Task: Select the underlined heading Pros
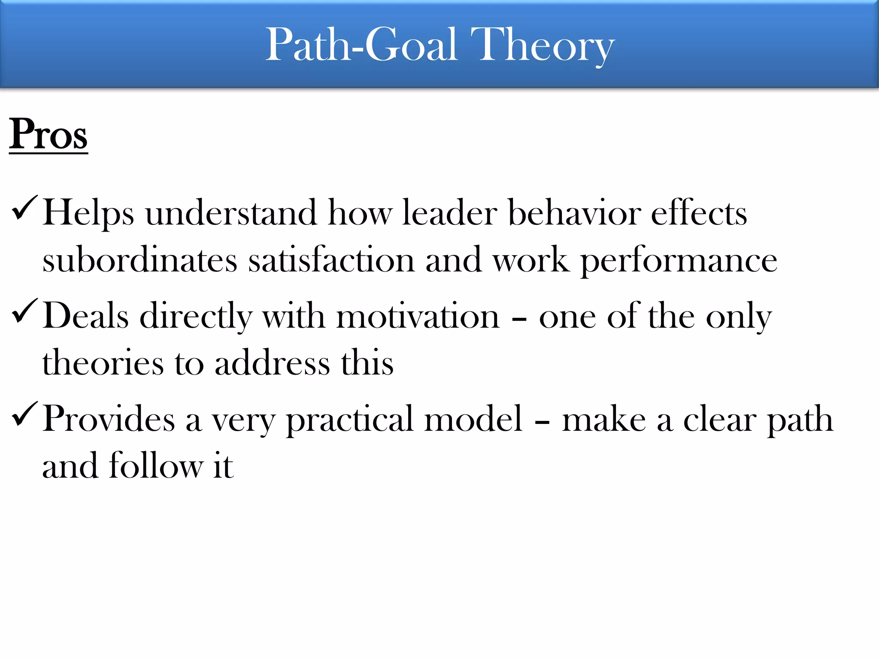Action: tap(48, 134)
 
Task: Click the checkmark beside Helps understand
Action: tap(25, 208)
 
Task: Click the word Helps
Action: tap(88, 213)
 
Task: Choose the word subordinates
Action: tap(139, 260)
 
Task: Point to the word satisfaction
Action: tap(331, 260)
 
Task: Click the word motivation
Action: tap(418, 317)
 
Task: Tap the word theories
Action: tap(103, 363)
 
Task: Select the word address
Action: tap(272, 363)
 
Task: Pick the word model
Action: tap(473, 419)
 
